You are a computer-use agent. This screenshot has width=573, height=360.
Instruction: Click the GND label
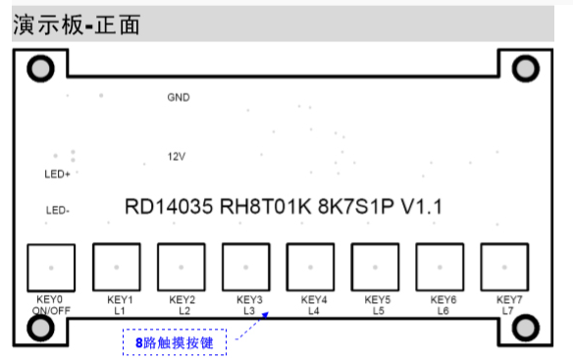pos(178,97)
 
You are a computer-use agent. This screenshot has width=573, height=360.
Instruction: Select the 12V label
pos(177,156)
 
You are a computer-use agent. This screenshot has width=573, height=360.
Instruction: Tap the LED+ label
pos(57,175)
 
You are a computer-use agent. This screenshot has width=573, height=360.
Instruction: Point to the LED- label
pos(57,210)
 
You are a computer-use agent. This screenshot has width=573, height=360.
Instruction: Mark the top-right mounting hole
pos(527,68)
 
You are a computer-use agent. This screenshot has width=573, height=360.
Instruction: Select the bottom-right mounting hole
pos(527,328)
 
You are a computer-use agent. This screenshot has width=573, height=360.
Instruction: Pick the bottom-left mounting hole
pos(41,328)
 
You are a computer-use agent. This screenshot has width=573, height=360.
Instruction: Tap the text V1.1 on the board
pos(424,208)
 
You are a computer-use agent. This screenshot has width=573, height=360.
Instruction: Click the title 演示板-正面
pos(77,25)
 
